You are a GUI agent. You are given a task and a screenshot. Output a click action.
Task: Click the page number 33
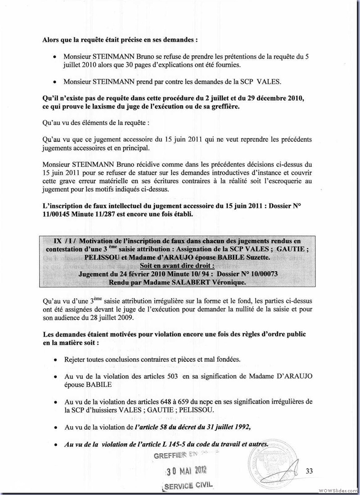tap(309, 471)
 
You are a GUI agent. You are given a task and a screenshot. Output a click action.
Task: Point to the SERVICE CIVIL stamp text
tap(185, 486)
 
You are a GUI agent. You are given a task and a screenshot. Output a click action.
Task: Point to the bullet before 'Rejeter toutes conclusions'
tap(54, 360)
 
